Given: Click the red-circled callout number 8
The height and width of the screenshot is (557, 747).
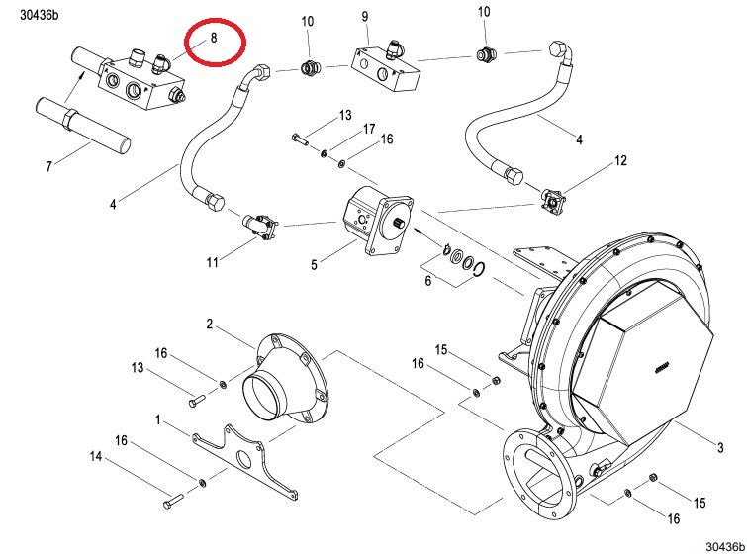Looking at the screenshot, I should [x=212, y=38].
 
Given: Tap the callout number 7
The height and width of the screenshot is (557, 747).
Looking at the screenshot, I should [x=48, y=165].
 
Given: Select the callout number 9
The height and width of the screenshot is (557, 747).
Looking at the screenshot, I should [x=364, y=17].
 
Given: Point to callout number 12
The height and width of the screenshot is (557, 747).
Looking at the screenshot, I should [x=620, y=160].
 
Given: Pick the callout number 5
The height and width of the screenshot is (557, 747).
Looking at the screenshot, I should [x=427, y=282].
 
